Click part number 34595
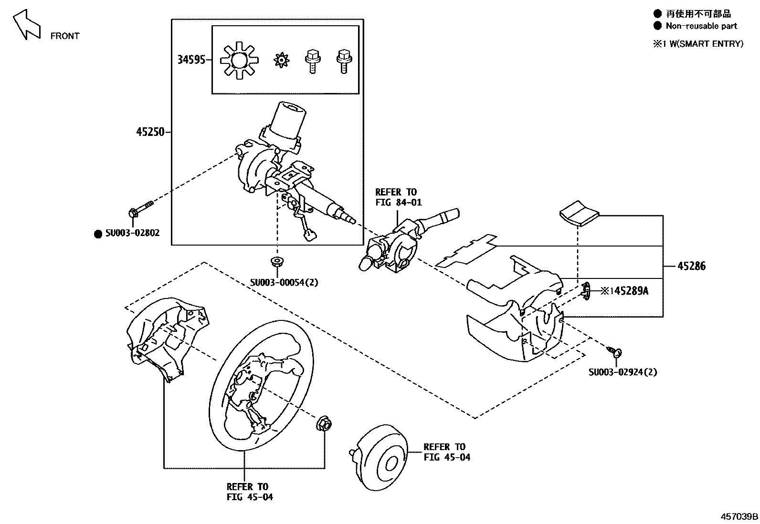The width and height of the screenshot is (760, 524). [x=191, y=60]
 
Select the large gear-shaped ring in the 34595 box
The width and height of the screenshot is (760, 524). [x=239, y=61]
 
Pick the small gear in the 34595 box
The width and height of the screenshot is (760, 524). [x=282, y=60]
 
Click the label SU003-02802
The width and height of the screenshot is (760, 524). [x=132, y=233]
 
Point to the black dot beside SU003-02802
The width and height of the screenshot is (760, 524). [x=98, y=234]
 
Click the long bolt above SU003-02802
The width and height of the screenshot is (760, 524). [x=140, y=210]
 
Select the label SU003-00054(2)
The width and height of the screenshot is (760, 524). [x=284, y=282]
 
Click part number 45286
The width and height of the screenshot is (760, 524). [x=691, y=266]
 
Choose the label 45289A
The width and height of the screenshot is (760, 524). [x=631, y=291]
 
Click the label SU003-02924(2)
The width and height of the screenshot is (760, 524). [x=623, y=372]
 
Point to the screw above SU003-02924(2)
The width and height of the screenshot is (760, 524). [x=615, y=352]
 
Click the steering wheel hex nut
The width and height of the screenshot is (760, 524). [x=324, y=423]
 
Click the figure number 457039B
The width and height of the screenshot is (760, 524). [x=739, y=516]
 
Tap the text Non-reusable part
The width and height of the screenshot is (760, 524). [x=701, y=26]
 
